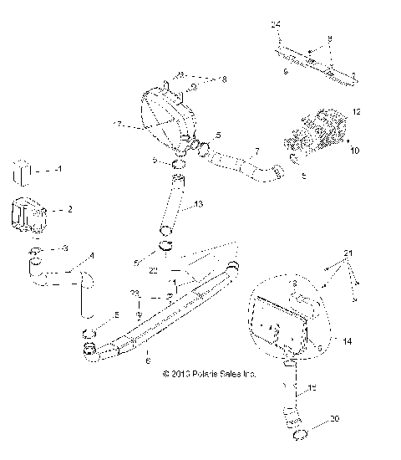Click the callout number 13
(x=198, y=203)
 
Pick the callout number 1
(x=59, y=169)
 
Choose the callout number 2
(x=69, y=209)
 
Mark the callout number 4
(x=92, y=255)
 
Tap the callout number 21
(x=348, y=252)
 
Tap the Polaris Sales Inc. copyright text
(x=210, y=374)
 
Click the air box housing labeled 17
(x=163, y=117)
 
